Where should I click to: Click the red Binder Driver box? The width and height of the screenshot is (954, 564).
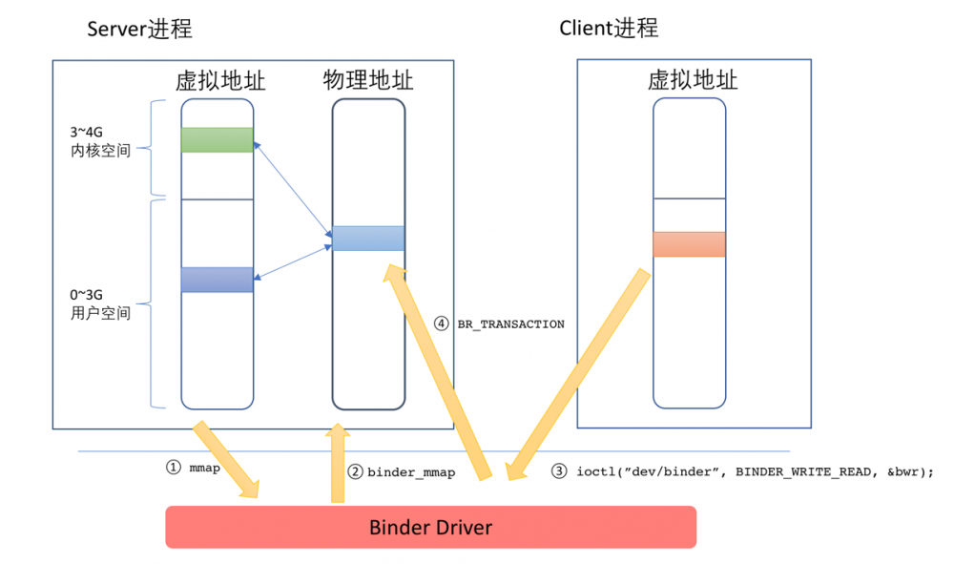430,527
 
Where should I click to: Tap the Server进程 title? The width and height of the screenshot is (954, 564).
139,29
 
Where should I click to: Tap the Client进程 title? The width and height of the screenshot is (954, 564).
608,28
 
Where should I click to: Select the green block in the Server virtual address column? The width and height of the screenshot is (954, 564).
218,140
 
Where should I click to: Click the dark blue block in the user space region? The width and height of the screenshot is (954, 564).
218,280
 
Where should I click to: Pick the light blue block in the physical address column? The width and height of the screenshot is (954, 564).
368,238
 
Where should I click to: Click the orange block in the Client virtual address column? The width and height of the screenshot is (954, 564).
689,244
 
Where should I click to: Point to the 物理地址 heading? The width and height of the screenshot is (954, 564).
368,80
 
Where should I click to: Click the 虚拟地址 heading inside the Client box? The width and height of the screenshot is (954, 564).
693,80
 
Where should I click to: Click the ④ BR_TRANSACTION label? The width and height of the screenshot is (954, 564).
500,324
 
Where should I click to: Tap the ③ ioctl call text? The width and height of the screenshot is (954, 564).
742,471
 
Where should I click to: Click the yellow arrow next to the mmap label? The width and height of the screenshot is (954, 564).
227,458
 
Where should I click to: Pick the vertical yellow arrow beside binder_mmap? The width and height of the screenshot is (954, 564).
337,464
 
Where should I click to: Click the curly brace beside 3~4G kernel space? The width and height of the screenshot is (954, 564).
157,147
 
